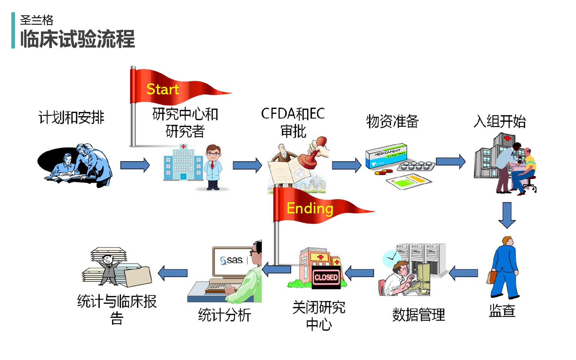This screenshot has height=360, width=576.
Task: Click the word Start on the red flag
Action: (x=162, y=89)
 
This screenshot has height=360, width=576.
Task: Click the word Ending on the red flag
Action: (x=310, y=208)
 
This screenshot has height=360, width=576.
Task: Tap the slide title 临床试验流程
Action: (x=78, y=39)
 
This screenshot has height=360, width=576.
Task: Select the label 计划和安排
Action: (x=71, y=117)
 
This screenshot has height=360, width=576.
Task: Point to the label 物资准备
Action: (x=392, y=121)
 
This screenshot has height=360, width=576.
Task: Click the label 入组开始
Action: (x=500, y=121)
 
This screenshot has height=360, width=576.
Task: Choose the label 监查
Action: (x=502, y=310)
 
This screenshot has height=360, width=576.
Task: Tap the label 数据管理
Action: (x=419, y=315)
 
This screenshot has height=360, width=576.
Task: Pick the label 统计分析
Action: (x=225, y=315)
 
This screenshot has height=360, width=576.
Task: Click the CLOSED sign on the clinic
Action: (x=326, y=277)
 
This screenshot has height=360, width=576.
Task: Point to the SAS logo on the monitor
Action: (x=231, y=260)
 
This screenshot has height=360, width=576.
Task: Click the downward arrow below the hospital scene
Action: (x=507, y=215)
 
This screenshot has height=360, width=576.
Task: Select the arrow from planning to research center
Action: (x=135, y=165)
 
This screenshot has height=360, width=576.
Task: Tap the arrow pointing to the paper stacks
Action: (x=173, y=273)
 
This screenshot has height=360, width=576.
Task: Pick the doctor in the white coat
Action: (x=213, y=167)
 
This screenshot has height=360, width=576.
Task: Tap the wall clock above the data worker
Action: (x=391, y=259)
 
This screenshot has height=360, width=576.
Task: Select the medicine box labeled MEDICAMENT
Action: (x=386, y=156)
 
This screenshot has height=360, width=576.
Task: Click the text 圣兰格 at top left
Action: (x=36, y=20)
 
